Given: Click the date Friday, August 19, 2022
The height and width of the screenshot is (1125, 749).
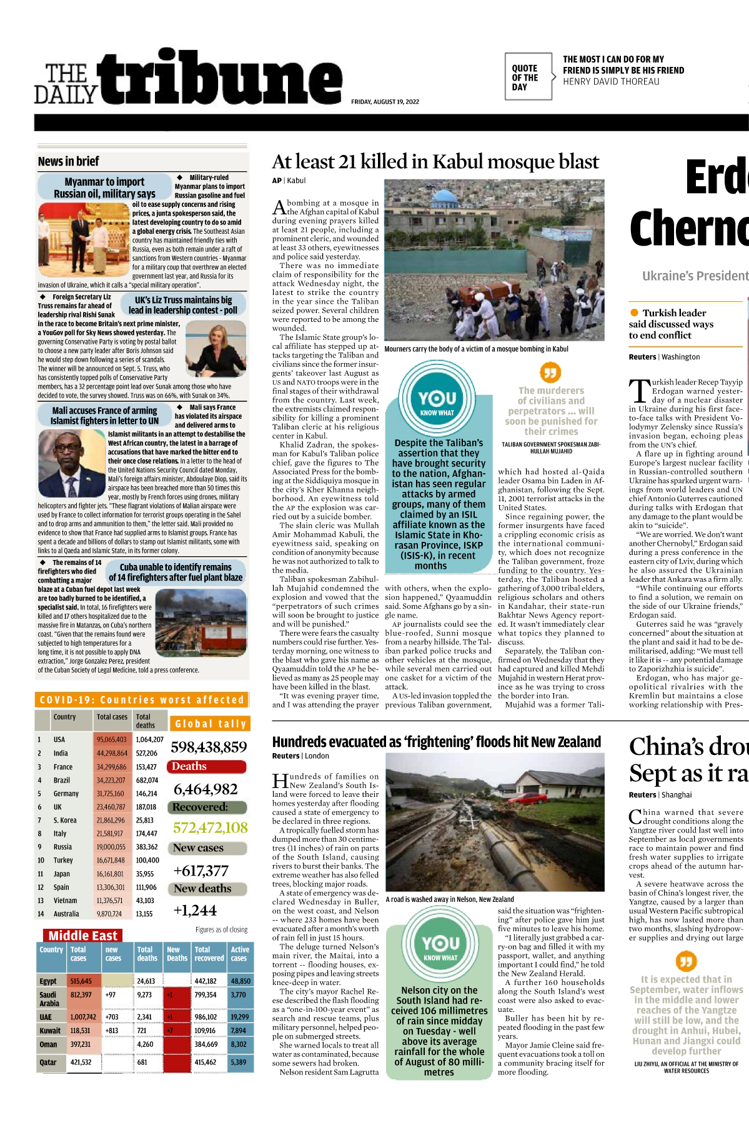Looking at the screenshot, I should [x=385, y=102].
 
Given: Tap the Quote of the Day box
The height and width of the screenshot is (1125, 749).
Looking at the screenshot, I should [x=528, y=77].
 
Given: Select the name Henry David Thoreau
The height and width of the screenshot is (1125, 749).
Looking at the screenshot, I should [x=610, y=82].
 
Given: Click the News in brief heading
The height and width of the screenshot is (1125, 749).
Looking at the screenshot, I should [x=69, y=161].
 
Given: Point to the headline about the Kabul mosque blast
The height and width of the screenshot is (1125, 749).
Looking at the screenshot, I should [x=435, y=162].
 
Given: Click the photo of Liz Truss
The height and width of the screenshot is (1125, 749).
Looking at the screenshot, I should [x=216, y=349].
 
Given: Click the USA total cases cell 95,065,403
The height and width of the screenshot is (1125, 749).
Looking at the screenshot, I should [x=111, y=739].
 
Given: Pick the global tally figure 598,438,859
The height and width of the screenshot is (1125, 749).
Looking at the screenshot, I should [x=209, y=747].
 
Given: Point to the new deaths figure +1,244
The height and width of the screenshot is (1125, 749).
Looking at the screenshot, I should [x=195, y=910].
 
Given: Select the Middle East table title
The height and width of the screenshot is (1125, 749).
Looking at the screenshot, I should [x=82, y=936].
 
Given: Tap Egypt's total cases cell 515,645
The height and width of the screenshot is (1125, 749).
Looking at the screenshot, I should [x=81, y=981].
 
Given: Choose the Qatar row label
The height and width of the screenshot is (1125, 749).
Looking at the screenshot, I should [x=48, y=1062].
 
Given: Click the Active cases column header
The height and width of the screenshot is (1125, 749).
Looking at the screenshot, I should [x=240, y=953].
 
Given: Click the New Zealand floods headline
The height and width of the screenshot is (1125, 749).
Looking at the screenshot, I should [x=436, y=742].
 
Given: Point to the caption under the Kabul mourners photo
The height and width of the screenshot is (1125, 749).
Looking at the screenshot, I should [x=476, y=349].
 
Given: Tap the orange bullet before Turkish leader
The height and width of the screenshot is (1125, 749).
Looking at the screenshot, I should [x=634, y=312].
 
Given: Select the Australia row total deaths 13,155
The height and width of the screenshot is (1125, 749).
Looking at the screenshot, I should [x=144, y=914].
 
